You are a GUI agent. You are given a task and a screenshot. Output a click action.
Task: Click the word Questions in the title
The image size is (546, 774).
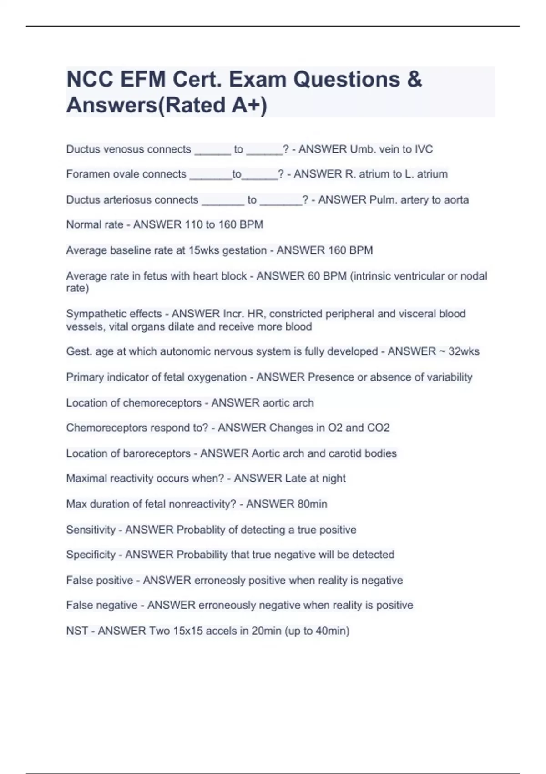coord(346,80)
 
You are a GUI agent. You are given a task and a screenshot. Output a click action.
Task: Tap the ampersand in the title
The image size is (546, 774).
coord(415,80)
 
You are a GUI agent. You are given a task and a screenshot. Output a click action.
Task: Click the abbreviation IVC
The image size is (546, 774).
coord(424,149)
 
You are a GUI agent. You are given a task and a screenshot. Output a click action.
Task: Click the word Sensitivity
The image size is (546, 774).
coord(91,530)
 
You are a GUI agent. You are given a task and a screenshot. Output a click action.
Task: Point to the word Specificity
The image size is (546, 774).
coord(91,555)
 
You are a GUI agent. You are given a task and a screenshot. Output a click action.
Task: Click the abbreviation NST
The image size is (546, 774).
coord(77,631)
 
